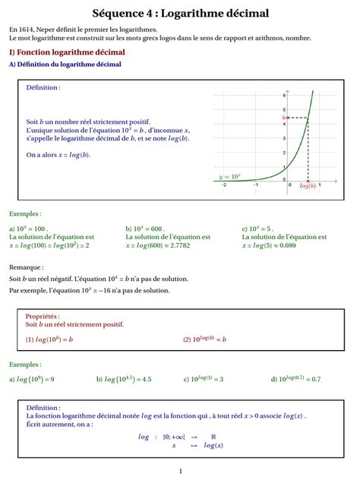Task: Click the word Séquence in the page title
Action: [x=118, y=14]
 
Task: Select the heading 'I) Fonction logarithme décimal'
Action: [x=67, y=52]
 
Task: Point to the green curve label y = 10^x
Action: [x=229, y=177]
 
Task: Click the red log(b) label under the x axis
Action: [x=308, y=185]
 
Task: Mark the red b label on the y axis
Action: [x=284, y=118]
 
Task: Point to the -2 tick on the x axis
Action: [x=224, y=185]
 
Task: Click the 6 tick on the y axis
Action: [x=285, y=96]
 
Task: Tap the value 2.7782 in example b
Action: [x=177, y=245]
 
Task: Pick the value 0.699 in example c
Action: [x=286, y=245]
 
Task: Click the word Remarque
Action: [x=27, y=267]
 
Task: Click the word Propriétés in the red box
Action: [x=43, y=316]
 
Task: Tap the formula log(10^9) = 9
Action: [x=36, y=378]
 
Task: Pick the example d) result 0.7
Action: [x=316, y=378]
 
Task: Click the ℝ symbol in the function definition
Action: [x=213, y=437]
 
